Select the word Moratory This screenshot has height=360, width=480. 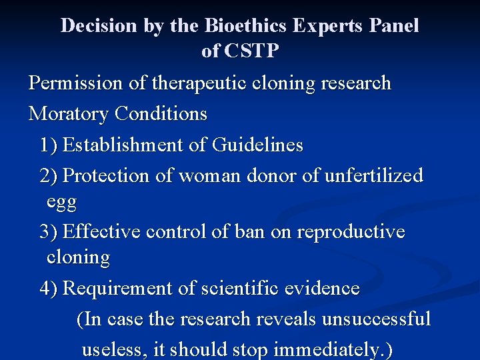(x=69, y=114)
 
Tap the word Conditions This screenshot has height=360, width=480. (x=161, y=114)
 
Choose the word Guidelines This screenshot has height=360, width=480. (x=257, y=145)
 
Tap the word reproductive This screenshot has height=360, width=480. (x=351, y=232)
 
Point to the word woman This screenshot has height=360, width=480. (x=209, y=176)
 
